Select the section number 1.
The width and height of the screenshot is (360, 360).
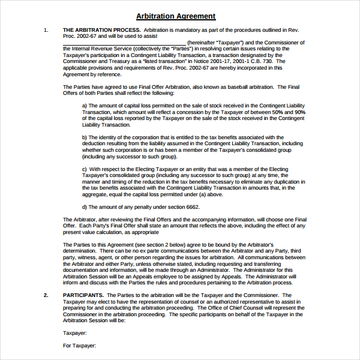[46, 29]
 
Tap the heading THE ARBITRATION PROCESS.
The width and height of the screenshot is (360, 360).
[101, 29]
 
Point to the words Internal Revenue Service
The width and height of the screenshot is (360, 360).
[103, 49]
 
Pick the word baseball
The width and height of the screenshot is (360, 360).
[217, 87]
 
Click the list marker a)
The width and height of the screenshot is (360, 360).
[85, 106]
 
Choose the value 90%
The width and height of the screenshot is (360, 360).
[300, 112]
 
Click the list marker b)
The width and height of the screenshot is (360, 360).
[85, 137]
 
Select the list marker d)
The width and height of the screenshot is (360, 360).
[85, 206]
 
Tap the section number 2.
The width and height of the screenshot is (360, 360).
[46, 295]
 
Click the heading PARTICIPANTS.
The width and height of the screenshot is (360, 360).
[83, 295]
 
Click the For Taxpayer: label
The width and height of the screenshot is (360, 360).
[79, 346]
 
